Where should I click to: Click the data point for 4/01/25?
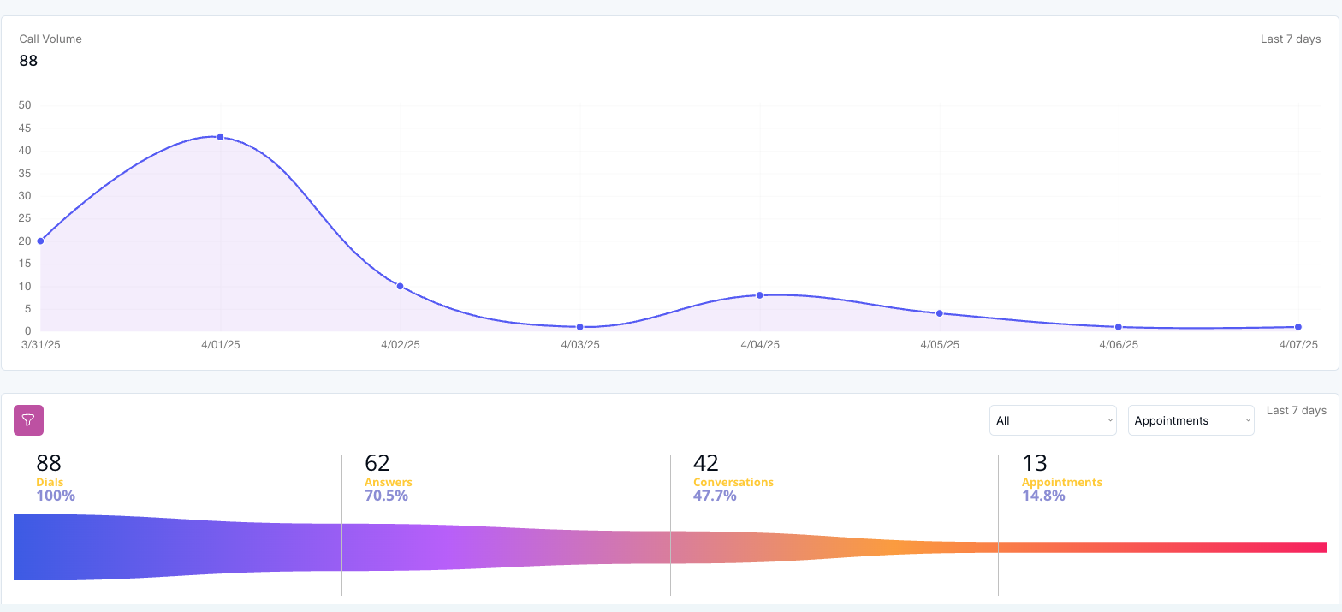(220, 137)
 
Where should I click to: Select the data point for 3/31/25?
(40, 241)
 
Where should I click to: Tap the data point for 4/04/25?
(759, 295)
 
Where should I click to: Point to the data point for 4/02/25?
(400, 286)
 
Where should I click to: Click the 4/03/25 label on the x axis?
(579, 345)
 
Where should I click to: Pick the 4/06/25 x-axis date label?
(1119, 345)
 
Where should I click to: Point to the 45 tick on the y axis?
(24, 128)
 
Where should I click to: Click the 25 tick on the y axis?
(24, 218)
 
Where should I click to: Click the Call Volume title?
(50, 39)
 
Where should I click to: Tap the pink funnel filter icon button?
(28, 420)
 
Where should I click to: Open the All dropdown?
(1052, 420)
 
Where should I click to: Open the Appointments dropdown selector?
(1191, 420)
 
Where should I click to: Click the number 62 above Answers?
(377, 463)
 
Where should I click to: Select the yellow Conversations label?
(733, 482)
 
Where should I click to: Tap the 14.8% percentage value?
(1043, 496)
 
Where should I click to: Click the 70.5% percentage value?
(386, 496)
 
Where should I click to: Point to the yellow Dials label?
(50, 482)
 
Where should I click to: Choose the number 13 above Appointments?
(1034, 463)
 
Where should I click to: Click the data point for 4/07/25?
(1298, 327)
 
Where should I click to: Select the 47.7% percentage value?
(715, 496)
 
